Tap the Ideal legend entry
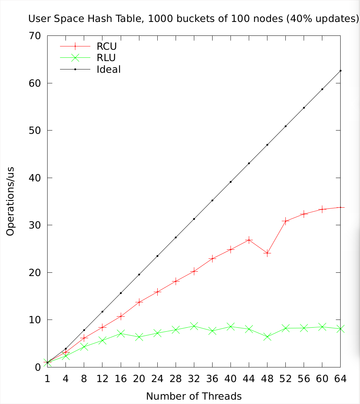tap(109, 69)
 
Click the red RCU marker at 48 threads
tap(267, 253)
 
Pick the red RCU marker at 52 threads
tap(285, 221)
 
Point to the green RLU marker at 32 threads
tap(194, 326)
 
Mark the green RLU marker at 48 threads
tap(267, 337)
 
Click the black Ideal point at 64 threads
tap(340, 71)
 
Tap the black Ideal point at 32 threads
tap(194, 219)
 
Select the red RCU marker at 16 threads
tap(120, 316)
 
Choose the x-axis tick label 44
tap(249, 379)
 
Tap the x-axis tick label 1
tap(47, 379)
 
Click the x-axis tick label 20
tap(139, 379)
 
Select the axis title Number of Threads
tap(194, 396)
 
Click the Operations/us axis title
tap(11, 201)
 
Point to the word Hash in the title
tap(106, 19)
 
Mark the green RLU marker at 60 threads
tap(322, 327)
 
